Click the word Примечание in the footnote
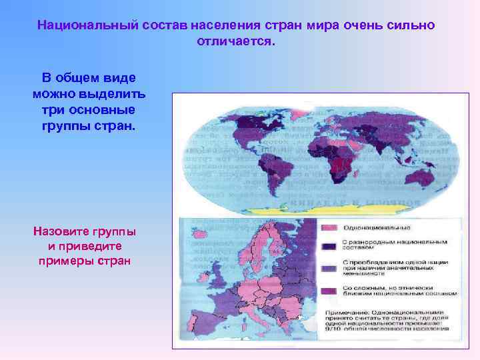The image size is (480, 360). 348,311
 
